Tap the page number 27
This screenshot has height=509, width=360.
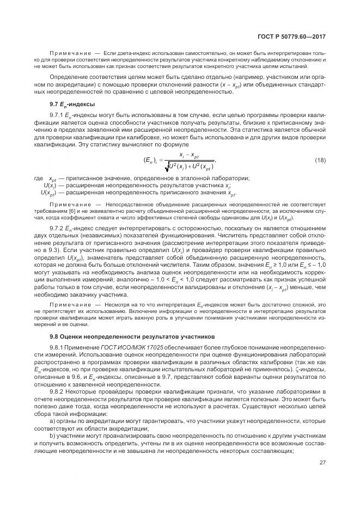click(x=322, y=463)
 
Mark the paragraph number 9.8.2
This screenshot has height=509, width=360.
click(x=57, y=391)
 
